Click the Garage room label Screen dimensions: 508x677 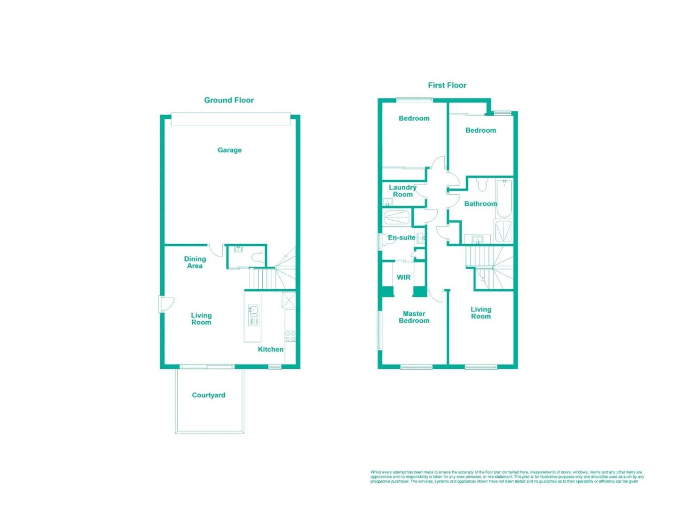[229, 150]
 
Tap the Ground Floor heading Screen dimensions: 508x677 [229, 100]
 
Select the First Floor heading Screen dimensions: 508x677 [447, 85]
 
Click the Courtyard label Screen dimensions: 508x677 [208, 395]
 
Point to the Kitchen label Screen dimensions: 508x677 [270, 349]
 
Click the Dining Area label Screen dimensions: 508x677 [195, 262]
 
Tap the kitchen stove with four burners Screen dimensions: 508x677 [290, 336]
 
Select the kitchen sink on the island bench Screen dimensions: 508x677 [254, 310]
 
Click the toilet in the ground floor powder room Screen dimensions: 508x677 [257, 257]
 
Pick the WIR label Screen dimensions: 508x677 [403, 278]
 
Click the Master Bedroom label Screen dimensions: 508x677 [414, 317]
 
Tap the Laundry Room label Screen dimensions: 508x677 [402, 191]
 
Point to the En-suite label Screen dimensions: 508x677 [401, 238]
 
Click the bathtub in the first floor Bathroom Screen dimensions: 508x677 [504, 198]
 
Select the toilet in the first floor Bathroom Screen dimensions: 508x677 [482, 184]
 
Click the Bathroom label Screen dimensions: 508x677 [480, 204]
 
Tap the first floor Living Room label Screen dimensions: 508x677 [481, 313]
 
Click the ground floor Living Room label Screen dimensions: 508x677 [201, 319]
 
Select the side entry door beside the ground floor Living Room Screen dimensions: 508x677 [165, 304]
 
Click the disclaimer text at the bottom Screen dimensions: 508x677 [507, 476]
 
